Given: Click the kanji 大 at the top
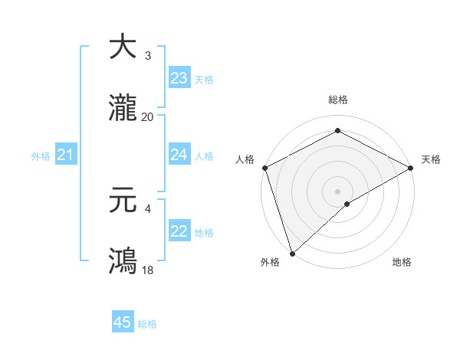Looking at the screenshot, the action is click(x=123, y=47).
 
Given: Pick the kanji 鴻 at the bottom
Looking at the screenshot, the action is click(x=123, y=260).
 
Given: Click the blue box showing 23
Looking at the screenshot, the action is click(x=179, y=78).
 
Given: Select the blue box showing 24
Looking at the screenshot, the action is click(x=179, y=155).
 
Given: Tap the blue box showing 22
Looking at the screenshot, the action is click(x=179, y=231).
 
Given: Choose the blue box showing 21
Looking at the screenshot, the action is click(x=65, y=155).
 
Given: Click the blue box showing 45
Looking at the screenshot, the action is click(x=123, y=322).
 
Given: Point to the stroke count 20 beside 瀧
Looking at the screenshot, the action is click(x=147, y=116).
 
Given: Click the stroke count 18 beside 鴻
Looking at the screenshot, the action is click(x=147, y=270).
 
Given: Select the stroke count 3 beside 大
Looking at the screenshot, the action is click(x=147, y=55).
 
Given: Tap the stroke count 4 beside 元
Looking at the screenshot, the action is click(x=147, y=208).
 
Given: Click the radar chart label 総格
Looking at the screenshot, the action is click(x=338, y=100).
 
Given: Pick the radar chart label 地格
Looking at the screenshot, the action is click(x=402, y=262).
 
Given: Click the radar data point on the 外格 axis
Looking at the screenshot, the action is click(x=292, y=253).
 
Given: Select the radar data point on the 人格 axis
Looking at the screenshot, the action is click(x=264, y=167).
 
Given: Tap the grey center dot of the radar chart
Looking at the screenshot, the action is click(x=338, y=191).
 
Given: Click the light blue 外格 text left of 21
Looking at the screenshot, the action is click(x=41, y=156).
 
